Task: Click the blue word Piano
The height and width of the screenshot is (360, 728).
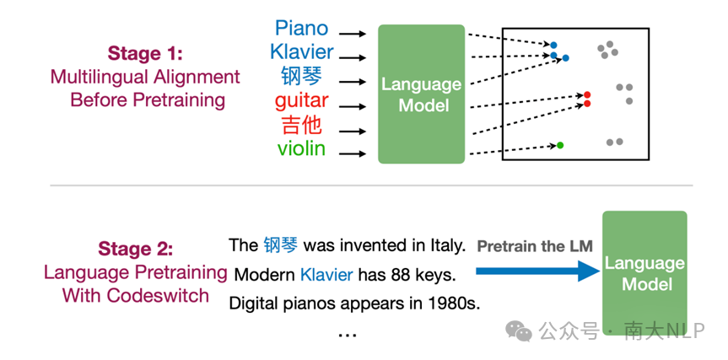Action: coord(301,28)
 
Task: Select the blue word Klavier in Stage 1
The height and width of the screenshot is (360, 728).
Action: coord(302,52)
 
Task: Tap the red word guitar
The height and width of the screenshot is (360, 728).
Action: coord(302,101)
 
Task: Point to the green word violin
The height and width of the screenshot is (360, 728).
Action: coord(301,148)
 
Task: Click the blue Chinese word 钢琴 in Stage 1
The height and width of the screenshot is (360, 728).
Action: coord(301,76)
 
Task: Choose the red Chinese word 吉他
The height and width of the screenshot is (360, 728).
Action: coord(302,126)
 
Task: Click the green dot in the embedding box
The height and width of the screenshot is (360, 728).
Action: coord(560,145)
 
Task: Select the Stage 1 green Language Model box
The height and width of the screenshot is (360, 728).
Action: coord(422,94)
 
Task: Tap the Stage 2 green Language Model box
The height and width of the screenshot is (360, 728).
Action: coord(644,273)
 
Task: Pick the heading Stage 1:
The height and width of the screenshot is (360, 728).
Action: coord(145,53)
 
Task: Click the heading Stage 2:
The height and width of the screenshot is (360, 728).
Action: coord(136,249)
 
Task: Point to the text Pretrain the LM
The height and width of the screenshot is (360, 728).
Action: coord(535,246)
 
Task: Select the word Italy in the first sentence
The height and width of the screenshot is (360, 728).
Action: coord(449,245)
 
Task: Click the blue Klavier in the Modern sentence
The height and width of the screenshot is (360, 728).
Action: coord(326,275)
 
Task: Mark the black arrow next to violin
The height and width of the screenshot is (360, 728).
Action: coord(353,153)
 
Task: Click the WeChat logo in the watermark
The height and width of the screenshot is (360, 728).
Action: coord(519,330)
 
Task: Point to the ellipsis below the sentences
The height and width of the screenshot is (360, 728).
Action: coord(347,335)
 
